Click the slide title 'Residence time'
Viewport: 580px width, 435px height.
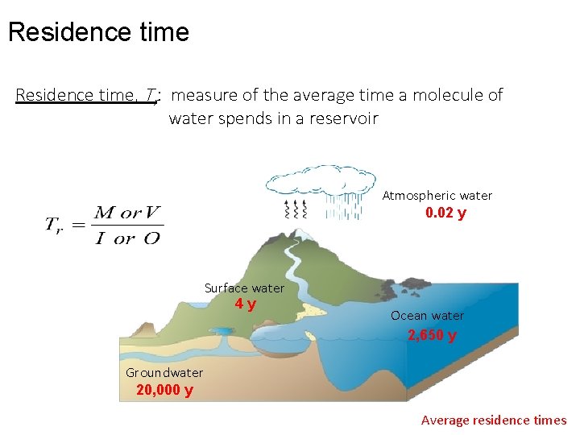[98, 32]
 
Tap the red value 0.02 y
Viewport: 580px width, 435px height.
[445, 213]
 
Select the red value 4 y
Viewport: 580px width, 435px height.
[246, 304]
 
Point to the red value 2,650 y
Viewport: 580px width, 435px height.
[432, 335]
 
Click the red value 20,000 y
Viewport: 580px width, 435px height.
[164, 391]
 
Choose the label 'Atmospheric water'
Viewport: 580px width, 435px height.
[437, 196]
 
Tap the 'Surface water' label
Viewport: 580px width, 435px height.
[244, 288]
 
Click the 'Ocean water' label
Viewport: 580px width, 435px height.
[427, 316]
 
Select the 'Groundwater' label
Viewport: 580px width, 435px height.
[164, 372]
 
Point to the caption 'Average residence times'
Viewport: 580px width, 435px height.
[494, 420]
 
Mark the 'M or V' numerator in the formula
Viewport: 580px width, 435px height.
[127, 213]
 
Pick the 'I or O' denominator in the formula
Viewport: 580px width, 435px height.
[126, 238]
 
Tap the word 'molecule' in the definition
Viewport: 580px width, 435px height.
[443, 95]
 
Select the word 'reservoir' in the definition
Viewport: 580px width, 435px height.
[346, 119]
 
